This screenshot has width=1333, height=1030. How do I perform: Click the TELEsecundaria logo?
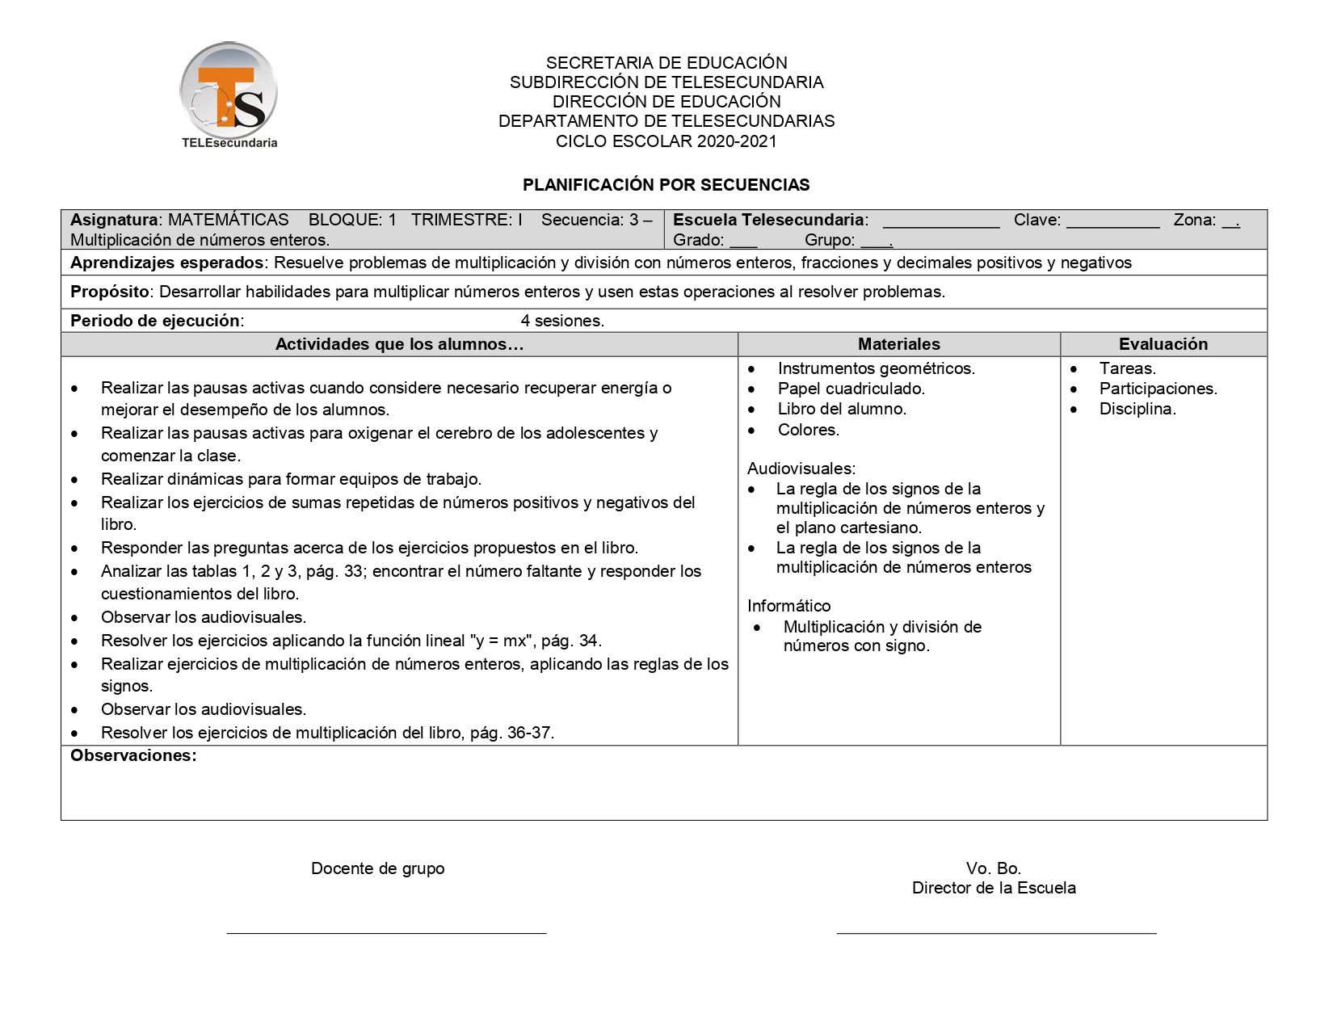[229, 95]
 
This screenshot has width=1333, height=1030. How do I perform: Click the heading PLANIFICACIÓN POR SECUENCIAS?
[666, 185]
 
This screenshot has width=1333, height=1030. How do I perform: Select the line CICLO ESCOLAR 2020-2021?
[666, 141]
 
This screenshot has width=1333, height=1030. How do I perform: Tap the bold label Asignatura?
[114, 220]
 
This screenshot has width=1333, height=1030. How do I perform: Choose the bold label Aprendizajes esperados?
[166, 263]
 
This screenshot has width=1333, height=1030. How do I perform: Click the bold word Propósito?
[110, 292]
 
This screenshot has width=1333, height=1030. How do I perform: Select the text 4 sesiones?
[562, 321]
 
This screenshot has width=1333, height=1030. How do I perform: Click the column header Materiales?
[898, 344]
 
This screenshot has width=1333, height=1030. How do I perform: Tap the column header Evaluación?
[1163, 344]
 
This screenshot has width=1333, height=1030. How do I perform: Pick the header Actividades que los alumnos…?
[399, 344]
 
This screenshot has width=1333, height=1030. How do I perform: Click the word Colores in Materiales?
[808, 430]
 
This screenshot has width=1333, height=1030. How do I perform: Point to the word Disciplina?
[1137, 409]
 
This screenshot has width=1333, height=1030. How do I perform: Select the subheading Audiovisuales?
[801, 469]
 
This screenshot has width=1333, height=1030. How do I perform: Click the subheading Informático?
[788, 606]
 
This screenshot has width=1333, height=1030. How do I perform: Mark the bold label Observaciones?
[133, 756]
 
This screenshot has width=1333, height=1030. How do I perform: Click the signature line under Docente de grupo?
[386, 932]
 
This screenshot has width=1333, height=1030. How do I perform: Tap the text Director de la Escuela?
[993, 888]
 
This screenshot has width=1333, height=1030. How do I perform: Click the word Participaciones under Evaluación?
[1157, 389]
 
